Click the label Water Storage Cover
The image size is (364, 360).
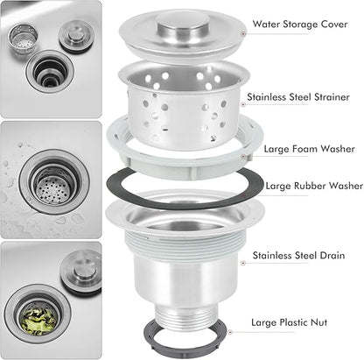click(300, 24)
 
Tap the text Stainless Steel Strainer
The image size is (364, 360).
click(298, 97)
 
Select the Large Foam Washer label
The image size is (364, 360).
click(309, 149)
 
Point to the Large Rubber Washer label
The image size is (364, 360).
click(314, 186)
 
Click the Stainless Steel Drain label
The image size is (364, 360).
click(298, 256)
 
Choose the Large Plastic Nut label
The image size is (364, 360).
click(289, 322)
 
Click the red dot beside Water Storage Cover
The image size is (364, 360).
click(243, 33)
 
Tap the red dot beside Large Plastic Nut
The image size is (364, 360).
click(230, 332)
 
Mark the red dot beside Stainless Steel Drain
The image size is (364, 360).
click(243, 263)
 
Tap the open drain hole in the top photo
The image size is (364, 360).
click(50, 73)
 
